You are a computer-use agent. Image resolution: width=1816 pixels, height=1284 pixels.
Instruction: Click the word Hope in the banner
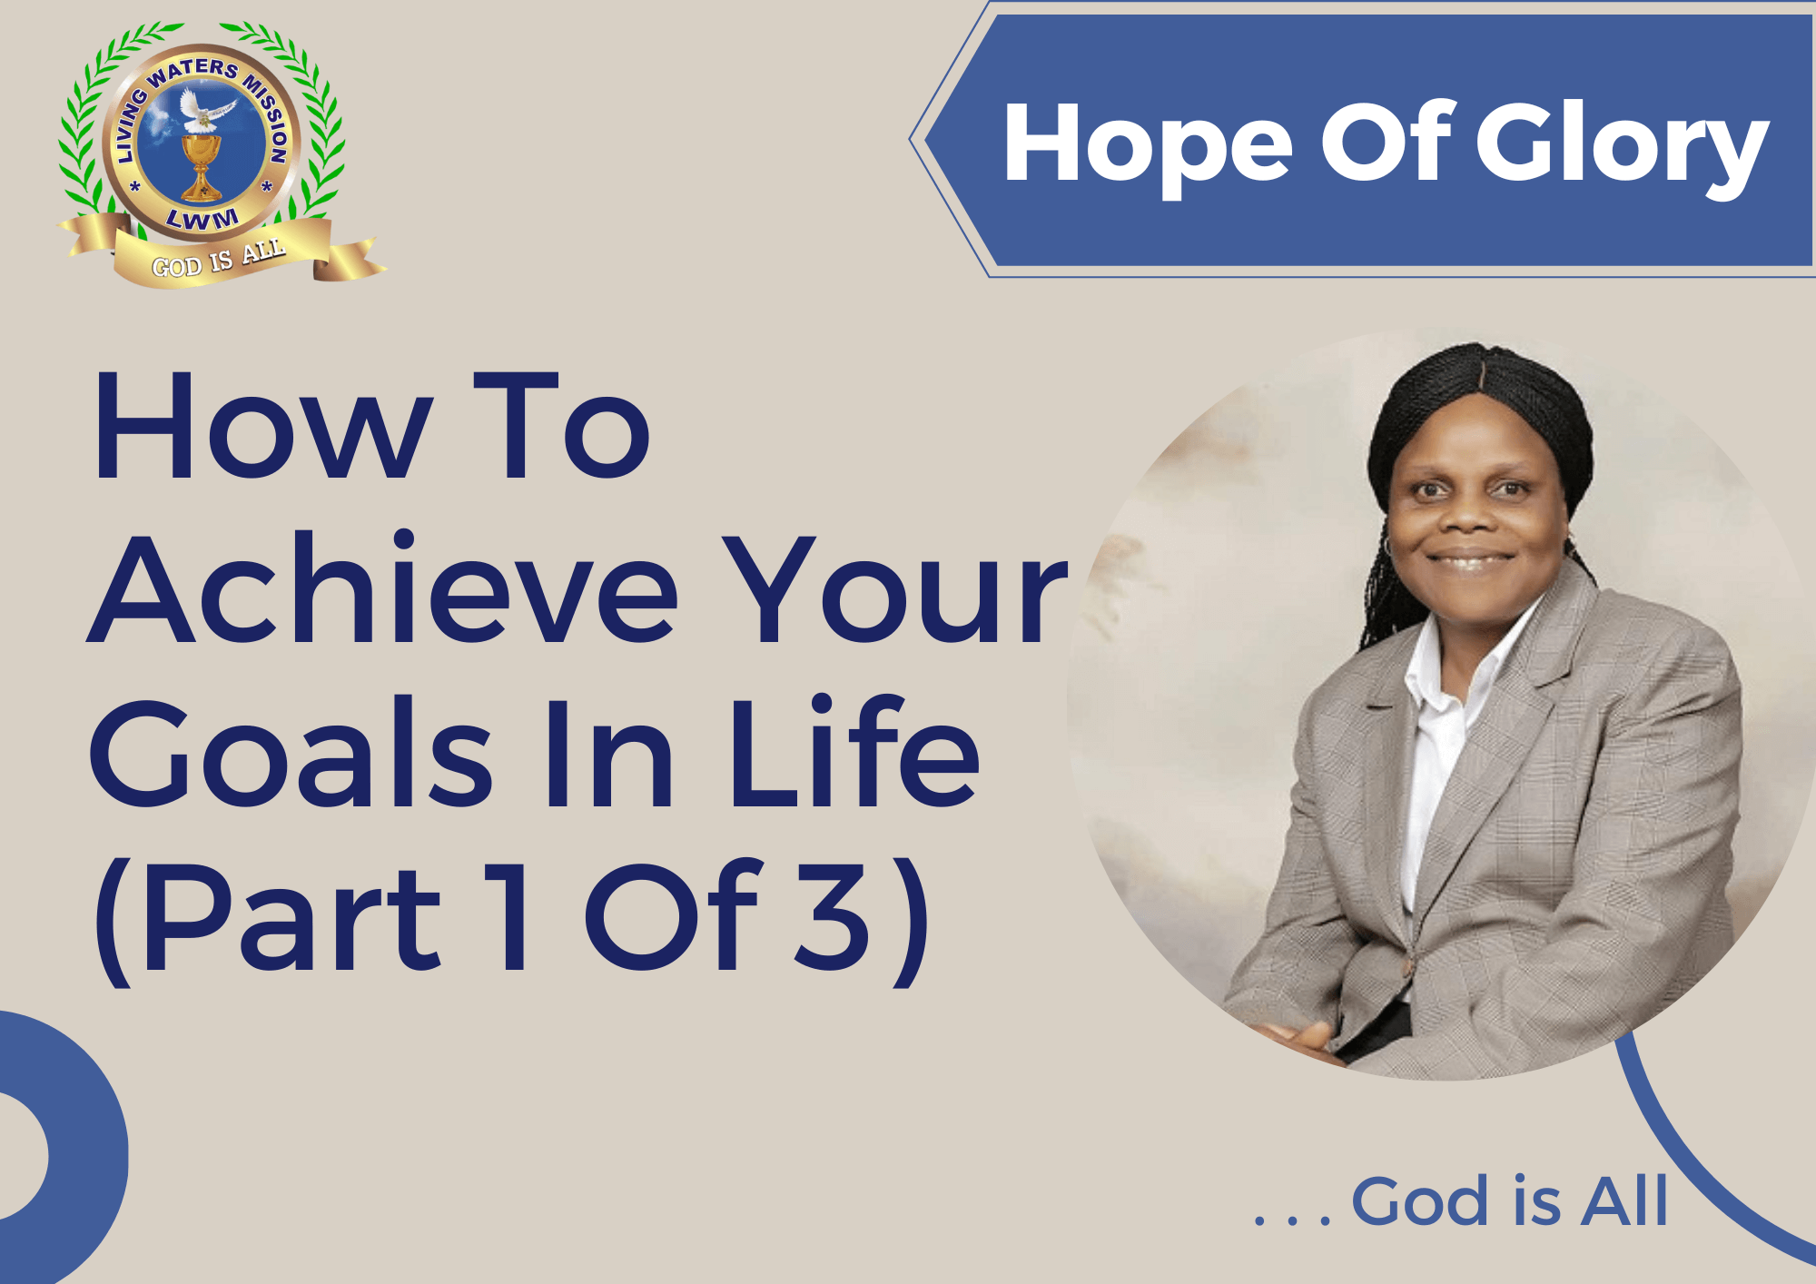tap(1148, 145)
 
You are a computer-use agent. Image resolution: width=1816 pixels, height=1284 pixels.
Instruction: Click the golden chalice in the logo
tap(201, 166)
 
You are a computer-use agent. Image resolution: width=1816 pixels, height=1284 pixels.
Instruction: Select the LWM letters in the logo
tap(202, 219)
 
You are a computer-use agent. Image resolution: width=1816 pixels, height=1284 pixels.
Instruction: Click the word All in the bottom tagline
tap(1624, 1201)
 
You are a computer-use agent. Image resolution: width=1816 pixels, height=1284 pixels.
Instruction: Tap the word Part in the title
tap(291, 917)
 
